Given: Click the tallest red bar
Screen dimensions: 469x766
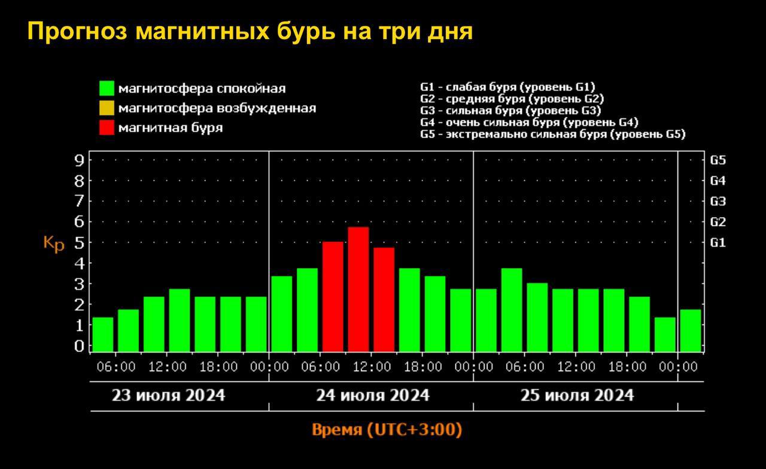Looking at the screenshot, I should click(358, 289).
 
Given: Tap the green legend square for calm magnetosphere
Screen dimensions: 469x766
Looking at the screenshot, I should click(107, 89).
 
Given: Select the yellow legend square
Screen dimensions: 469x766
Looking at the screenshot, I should click(107, 108).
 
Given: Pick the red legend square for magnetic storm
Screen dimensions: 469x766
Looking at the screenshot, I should click(107, 127).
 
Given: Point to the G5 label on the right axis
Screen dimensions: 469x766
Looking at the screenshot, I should click(718, 160).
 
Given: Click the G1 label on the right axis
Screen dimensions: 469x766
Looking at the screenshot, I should click(718, 242).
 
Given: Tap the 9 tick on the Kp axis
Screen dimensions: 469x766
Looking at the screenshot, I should click(78, 160).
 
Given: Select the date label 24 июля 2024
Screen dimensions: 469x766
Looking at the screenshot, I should click(372, 395).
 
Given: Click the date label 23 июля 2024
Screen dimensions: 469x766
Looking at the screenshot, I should click(168, 395).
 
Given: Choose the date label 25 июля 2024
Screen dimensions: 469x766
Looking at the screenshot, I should click(576, 395).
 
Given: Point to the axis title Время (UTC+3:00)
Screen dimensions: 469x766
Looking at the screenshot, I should click(387, 430).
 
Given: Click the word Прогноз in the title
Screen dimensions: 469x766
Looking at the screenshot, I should click(77, 32).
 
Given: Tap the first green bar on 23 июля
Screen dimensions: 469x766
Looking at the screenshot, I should click(102, 334).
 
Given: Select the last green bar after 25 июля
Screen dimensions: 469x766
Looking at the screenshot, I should click(690, 330).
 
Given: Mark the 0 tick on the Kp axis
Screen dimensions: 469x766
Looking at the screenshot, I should click(78, 346).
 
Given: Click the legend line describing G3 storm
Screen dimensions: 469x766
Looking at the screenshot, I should click(510, 111).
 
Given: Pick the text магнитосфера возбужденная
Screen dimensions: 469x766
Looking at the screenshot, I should click(217, 108).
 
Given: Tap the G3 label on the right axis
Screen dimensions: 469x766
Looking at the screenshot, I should click(718, 202).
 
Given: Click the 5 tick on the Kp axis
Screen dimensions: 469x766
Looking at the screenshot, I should click(78, 242).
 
